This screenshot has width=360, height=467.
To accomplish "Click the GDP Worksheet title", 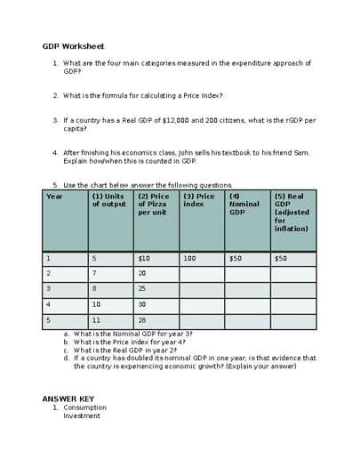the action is [x=73, y=45].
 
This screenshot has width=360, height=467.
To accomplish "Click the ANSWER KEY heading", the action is [x=68, y=399].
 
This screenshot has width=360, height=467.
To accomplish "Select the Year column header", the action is [x=54, y=196].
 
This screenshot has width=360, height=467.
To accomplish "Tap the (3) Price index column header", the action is [x=198, y=200].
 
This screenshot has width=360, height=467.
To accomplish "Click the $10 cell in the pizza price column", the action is [x=144, y=259].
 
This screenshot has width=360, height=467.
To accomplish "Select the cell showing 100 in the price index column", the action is [x=189, y=259].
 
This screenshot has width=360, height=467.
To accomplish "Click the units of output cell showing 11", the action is [x=97, y=320].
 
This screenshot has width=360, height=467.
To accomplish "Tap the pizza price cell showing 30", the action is [x=142, y=304].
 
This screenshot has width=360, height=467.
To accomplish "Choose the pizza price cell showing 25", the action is [x=142, y=289].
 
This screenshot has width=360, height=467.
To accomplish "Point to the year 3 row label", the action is [x=49, y=289].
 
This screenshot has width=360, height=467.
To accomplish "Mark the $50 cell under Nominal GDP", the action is [x=236, y=259].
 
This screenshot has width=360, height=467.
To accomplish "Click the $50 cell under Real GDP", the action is [x=281, y=259].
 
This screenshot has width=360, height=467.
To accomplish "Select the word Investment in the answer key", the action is [x=81, y=415].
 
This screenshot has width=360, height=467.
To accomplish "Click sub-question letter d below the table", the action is [x=67, y=358].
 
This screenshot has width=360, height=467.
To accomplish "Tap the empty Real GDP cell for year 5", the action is [x=293, y=320].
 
